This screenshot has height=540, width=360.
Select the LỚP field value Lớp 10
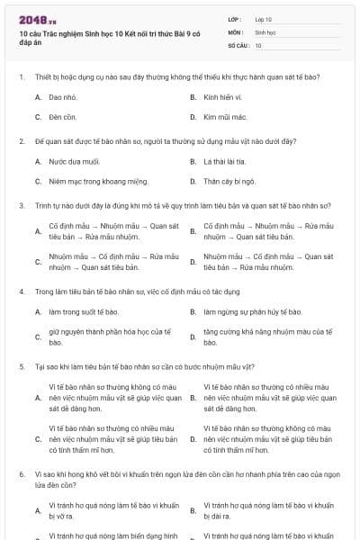click(x=263, y=19)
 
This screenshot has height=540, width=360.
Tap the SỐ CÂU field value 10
click(x=258, y=45)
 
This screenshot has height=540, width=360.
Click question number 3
click(x=21, y=205)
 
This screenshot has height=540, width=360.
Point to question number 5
click(x=21, y=366)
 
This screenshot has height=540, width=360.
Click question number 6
click(x=21, y=472)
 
